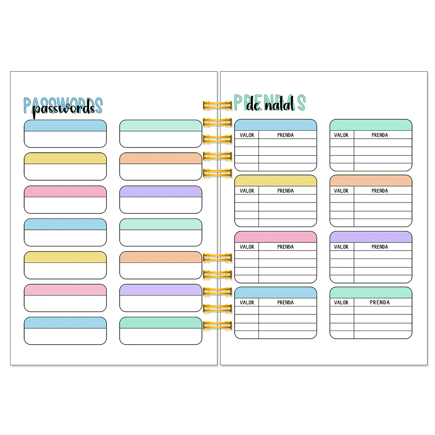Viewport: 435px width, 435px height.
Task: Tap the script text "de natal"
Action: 270,104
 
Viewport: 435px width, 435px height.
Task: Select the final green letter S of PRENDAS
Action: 301,102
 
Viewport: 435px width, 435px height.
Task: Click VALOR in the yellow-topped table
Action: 247,191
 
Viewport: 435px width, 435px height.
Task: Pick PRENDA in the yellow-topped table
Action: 285,191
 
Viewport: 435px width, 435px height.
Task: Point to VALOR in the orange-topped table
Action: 341,191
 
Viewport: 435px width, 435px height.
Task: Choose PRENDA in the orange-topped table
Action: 380,191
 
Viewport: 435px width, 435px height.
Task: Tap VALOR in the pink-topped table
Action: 247,247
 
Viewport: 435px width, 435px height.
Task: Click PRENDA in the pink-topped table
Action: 285,247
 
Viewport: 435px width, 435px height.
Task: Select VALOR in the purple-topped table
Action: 341,247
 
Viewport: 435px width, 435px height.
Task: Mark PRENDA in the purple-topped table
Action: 380,247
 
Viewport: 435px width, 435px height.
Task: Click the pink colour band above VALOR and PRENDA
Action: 275,237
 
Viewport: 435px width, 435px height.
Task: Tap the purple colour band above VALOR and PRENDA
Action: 371,237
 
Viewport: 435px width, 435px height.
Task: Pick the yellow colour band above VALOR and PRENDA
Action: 275,181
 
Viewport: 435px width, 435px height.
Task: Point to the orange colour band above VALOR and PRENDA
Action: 371,181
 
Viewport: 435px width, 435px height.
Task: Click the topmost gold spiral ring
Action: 218,105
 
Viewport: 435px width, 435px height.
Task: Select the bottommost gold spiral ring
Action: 218,325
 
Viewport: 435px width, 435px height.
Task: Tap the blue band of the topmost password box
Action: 65,126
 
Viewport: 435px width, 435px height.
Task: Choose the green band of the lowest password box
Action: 160,323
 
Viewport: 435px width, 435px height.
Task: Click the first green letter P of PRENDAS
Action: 238,102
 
